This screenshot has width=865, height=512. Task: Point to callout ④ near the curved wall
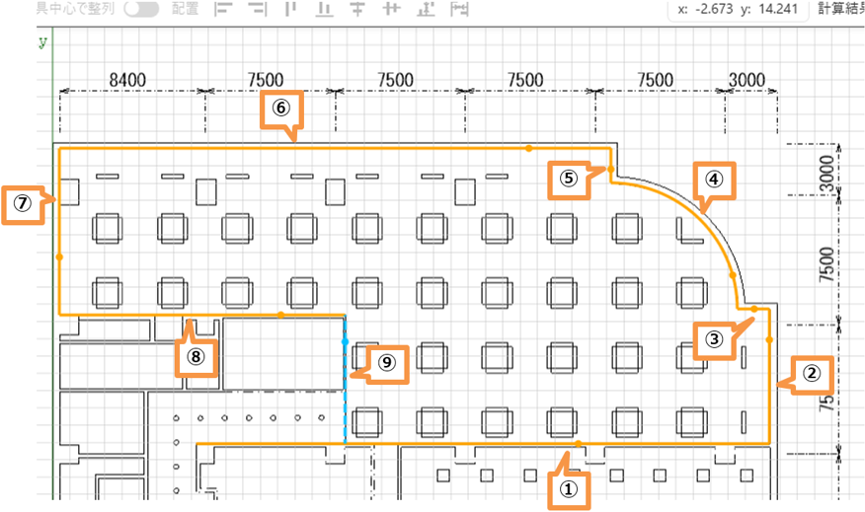(714, 180)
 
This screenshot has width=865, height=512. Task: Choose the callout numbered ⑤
(568, 180)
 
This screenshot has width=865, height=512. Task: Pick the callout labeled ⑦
(23, 204)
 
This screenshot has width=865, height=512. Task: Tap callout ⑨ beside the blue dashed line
(387, 363)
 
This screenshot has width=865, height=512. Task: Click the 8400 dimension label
(127, 80)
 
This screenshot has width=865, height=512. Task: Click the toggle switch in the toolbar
(142, 9)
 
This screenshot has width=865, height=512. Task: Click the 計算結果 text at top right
(840, 10)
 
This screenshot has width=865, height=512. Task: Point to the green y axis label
(42, 42)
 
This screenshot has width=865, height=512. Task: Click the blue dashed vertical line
(345, 395)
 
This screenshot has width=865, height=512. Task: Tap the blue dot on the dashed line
(345, 341)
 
